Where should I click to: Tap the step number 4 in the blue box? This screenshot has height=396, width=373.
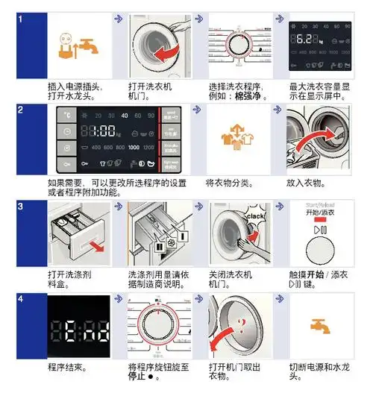pyautogui.click(x=20, y=300)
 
